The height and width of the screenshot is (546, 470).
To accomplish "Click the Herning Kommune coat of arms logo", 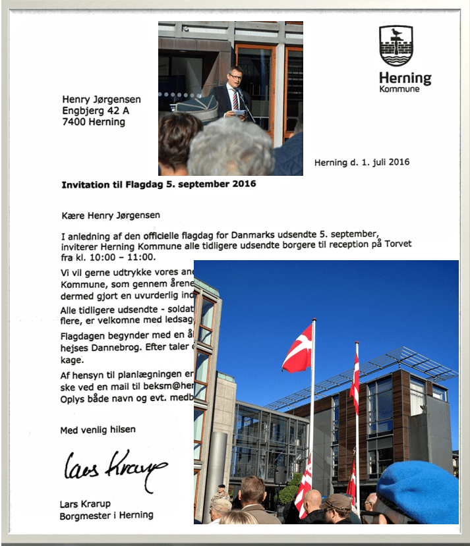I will [x=396, y=45].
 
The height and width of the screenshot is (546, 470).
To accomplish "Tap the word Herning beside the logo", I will [x=405, y=78].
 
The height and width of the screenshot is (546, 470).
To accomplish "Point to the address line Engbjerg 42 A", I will [x=96, y=111].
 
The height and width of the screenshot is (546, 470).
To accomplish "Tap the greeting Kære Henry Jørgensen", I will [x=111, y=215].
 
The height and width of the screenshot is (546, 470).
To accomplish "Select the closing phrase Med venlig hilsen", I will [x=98, y=429].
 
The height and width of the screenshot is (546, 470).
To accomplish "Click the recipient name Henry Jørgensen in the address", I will [x=101, y=99].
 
